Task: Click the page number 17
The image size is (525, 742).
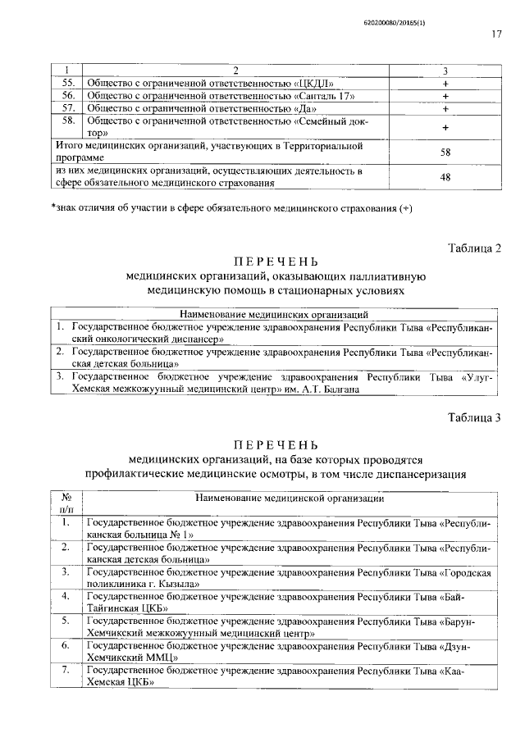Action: (x=496, y=34)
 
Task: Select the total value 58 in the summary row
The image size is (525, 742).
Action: (x=445, y=152)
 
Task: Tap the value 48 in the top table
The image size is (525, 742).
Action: (x=445, y=176)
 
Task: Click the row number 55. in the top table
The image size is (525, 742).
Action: (x=69, y=84)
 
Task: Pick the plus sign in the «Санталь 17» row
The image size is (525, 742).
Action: (x=445, y=96)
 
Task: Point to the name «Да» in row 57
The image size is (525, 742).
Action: (x=304, y=108)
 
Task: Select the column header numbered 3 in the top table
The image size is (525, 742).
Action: (x=445, y=71)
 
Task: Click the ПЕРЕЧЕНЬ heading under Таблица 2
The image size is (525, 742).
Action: (x=269, y=262)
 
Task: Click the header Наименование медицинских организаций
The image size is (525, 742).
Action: (x=262, y=314)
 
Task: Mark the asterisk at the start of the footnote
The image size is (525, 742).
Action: (x=52, y=206)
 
